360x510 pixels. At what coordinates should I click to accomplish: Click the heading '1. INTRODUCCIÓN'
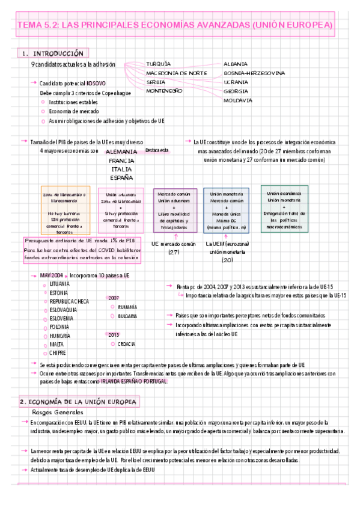tap(53, 53)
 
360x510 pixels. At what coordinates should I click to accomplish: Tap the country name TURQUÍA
tap(159, 63)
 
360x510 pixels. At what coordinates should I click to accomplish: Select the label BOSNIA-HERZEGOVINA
tap(254, 73)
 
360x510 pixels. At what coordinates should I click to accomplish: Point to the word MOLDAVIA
tap(237, 100)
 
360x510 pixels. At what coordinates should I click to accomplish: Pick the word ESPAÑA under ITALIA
tap(121, 177)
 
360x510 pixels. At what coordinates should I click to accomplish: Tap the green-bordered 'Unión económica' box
tap(284, 208)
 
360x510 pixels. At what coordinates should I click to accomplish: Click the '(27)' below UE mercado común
tap(174, 253)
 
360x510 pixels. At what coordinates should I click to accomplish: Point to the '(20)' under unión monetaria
tap(227, 260)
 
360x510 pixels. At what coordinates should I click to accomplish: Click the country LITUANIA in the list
tap(60, 283)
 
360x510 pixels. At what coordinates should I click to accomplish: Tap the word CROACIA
tap(127, 344)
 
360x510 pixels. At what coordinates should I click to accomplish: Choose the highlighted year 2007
tap(114, 298)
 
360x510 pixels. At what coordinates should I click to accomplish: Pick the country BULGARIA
tap(127, 316)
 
